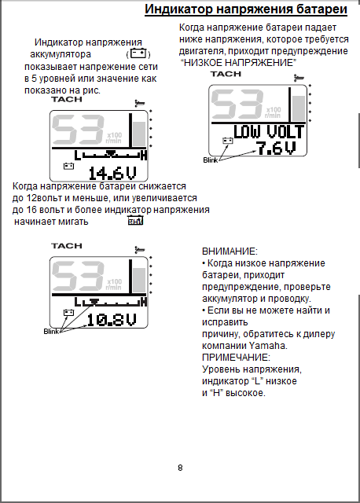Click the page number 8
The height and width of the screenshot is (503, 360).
(180, 468)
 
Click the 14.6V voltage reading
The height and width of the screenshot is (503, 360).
(112, 174)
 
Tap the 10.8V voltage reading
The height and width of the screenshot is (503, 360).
(112, 320)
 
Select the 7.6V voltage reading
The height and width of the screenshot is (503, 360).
(276, 148)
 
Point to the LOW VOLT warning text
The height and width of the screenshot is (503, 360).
(269, 132)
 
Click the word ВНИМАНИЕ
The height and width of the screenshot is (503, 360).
(230, 251)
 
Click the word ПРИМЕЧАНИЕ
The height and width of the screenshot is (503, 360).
(236, 358)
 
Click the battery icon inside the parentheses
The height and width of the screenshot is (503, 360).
(138, 53)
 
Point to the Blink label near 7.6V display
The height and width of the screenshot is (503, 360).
(210, 160)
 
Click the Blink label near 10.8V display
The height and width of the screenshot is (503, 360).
(51, 331)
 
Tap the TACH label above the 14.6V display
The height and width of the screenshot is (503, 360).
(67, 100)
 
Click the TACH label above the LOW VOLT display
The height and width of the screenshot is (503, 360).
(226, 74)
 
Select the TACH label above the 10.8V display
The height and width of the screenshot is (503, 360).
(67, 246)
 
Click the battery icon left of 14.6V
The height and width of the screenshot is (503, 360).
(68, 166)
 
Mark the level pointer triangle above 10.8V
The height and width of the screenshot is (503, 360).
(94, 301)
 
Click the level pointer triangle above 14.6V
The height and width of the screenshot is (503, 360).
(111, 154)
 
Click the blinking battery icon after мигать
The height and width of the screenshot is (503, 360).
(135, 221)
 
